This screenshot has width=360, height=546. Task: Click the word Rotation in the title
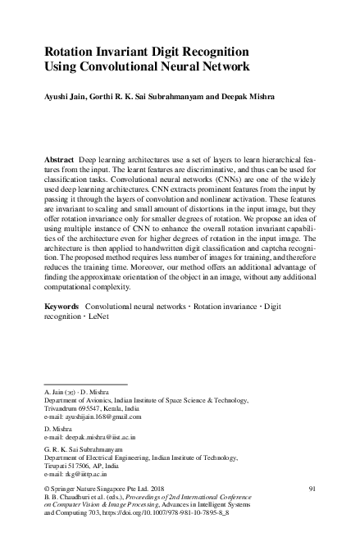(x=71, y=49)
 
